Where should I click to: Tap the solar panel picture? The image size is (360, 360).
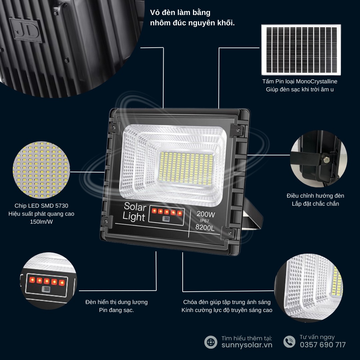point(301,50)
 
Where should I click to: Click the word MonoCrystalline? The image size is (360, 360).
point(317,82)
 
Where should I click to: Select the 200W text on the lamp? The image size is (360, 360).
point(206,214)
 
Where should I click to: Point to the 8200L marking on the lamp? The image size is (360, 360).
point(205,227)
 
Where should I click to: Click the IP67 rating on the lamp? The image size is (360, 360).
point(204,221)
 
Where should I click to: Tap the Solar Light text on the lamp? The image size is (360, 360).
point(135,212)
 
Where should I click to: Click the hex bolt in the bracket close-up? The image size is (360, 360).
point(326,159)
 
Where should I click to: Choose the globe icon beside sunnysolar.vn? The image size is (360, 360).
point(211,342)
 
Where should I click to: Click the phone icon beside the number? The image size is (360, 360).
point(289,341)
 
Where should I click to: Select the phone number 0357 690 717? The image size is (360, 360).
point(323,345)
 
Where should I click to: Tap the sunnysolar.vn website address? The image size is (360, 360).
point(247,345)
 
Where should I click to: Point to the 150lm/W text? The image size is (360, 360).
point(41,222)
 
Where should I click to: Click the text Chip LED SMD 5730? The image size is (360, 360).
point(41,206)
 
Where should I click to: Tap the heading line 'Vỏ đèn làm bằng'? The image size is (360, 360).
point(180,13)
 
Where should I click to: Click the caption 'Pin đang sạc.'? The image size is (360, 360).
point(116,310)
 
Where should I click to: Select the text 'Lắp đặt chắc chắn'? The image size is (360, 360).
point(315,204)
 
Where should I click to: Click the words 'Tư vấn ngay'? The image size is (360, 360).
point(317,337)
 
